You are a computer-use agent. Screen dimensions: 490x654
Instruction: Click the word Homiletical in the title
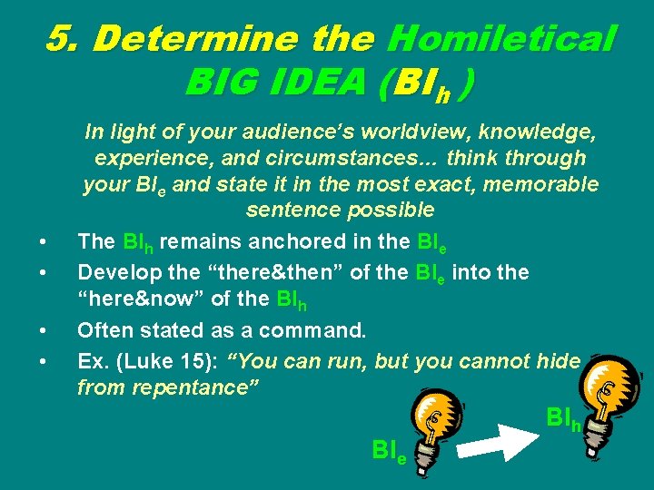click(x=500, y=38)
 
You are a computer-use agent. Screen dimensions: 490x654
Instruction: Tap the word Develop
click(x=114, y=270)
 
